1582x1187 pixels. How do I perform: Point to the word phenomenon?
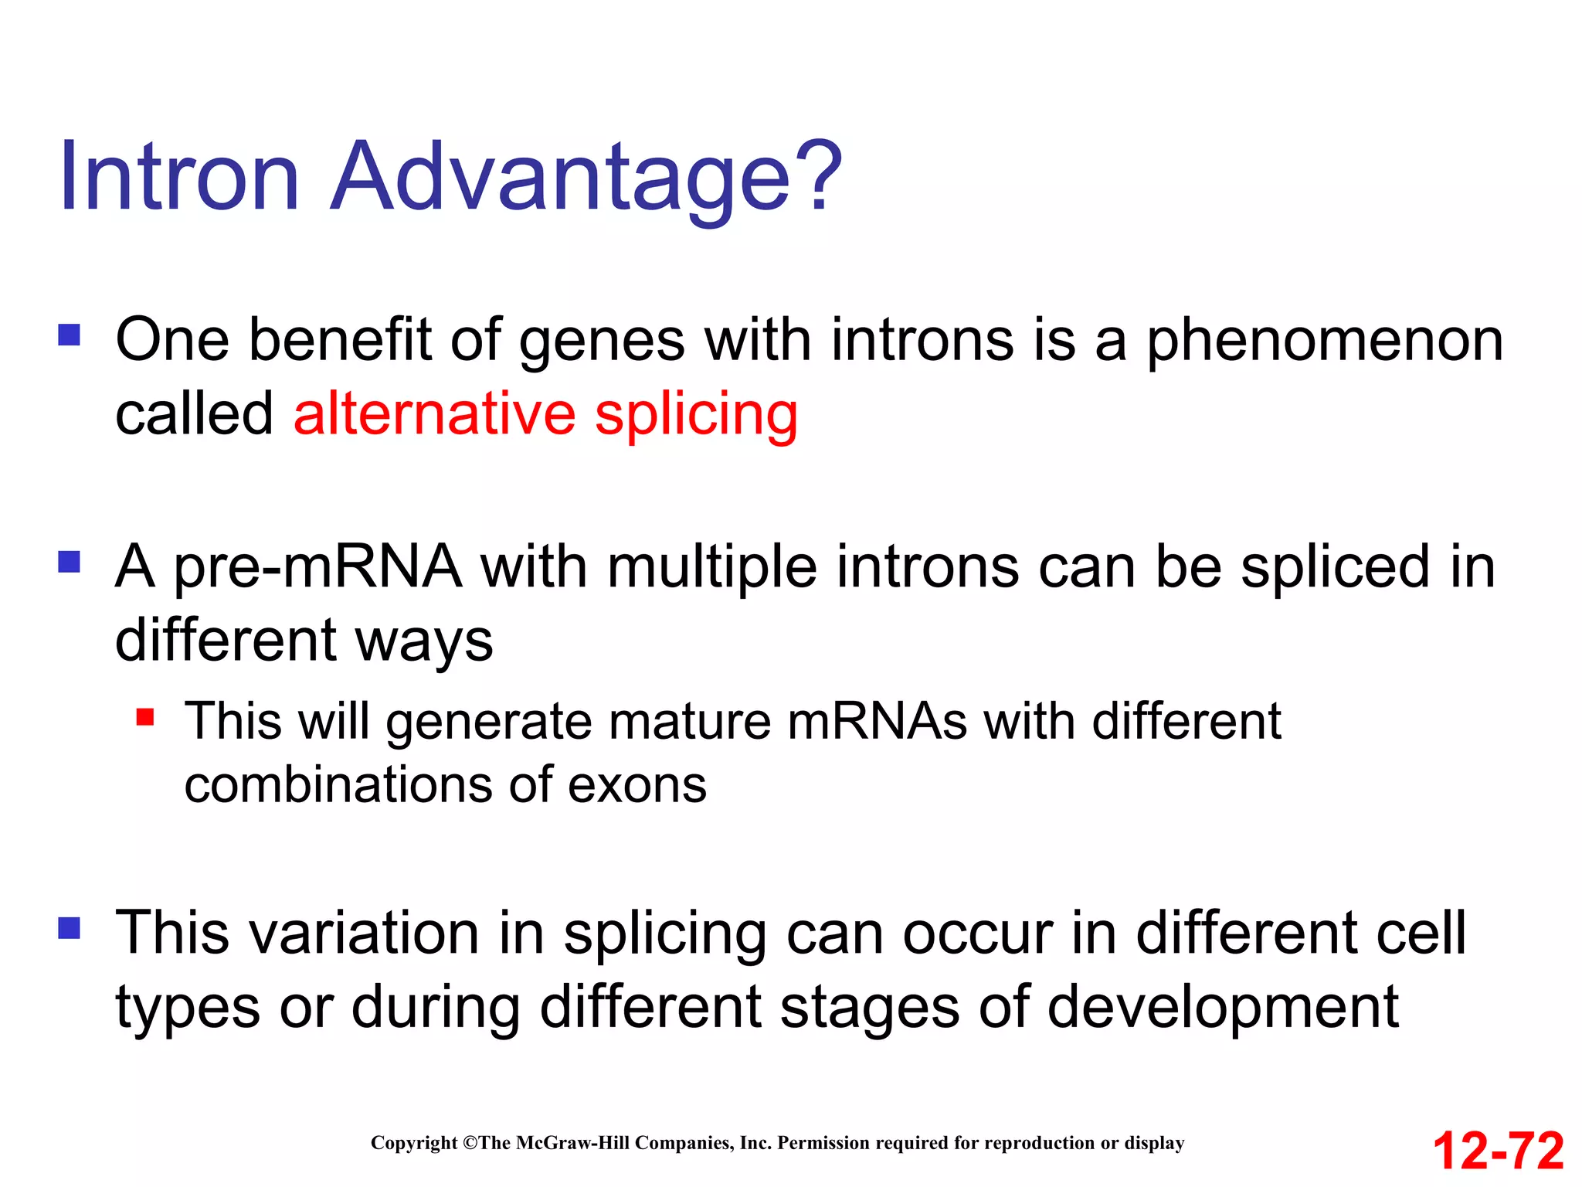pos(1324,342)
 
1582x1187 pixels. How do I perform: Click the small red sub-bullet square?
pos(145,717)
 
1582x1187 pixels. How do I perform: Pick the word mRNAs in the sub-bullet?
pos(877,722)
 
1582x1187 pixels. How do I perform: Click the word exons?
pos(637,785)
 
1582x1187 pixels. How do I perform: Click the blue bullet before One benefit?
pos(70,335)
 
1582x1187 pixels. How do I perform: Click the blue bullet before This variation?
pos(70,927)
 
